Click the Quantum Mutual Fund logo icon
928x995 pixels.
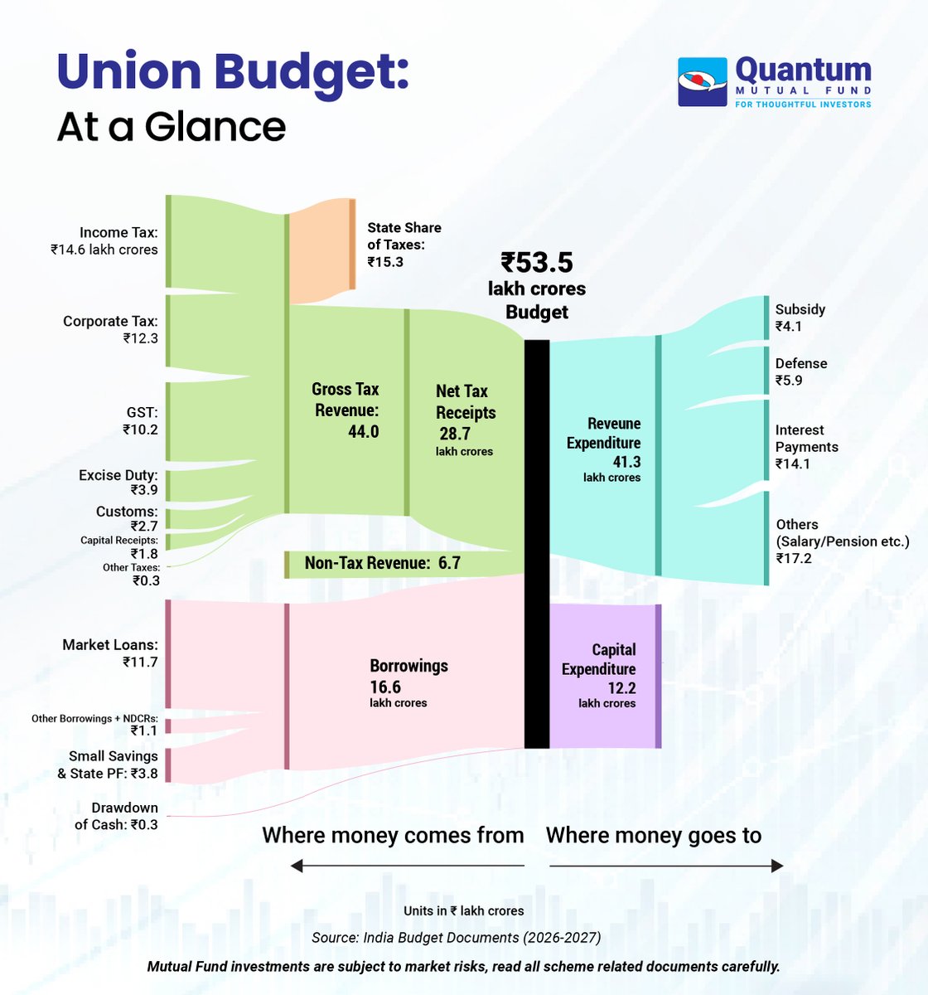click(703, 81)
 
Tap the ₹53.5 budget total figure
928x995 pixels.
click(537, 263)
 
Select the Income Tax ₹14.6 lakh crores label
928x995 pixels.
click(104, 240)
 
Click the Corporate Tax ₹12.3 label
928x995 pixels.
click(110, 329)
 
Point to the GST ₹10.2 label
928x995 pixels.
click(140, 420)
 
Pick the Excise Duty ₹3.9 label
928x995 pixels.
click(118, 483)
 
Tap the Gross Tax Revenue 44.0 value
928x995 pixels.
click(363, 431)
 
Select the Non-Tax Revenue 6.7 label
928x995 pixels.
click(382, 564)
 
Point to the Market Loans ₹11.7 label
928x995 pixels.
click(110, 653)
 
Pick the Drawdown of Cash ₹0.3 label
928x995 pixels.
click(117, 816)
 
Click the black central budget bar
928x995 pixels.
click(537, 543)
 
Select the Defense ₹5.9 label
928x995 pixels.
click(800, 371)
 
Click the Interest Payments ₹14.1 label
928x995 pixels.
click(806, 446)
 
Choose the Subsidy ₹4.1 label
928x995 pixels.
click(800, 318)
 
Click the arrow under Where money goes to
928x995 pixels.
click(666, 866)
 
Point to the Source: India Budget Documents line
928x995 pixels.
click(456, 938)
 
